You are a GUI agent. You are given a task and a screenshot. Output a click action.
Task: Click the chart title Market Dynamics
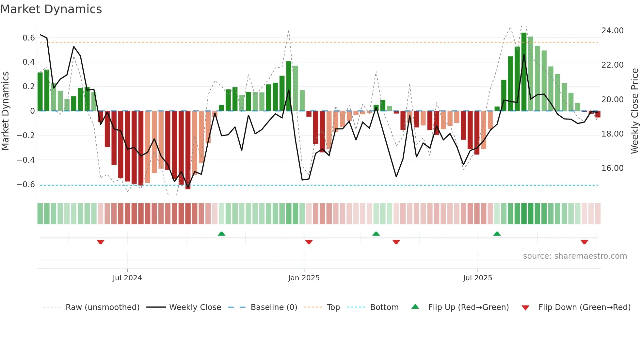[x=51, y=9]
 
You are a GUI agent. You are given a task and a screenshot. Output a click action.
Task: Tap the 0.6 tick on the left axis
[x=29, y=38]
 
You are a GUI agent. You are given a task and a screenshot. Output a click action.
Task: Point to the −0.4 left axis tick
[x=26, y=160]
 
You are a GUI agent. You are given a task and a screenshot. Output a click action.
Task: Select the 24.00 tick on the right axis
[x=612, y=31]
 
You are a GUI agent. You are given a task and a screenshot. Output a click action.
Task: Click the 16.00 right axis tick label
[x=612, y=168]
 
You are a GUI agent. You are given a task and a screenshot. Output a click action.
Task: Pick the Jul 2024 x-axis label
[x=127, y=278]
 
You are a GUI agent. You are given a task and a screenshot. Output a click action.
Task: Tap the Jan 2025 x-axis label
[x=304, y=278]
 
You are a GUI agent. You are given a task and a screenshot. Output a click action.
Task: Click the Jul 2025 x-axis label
[x=477, y=278]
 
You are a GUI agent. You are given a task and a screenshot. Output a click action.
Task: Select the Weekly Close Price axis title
[x=634, y=111]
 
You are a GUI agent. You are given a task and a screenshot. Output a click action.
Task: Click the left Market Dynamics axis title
[x=5, y=111]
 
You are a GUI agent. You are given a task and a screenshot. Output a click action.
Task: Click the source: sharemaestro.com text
[x=575, y=256]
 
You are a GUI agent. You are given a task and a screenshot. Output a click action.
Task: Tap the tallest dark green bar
[x=524, y=72]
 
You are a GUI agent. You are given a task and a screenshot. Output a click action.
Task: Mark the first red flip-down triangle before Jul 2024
[x=101, y=242]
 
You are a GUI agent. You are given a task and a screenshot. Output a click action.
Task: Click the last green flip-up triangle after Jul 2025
[x=497, y=234]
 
